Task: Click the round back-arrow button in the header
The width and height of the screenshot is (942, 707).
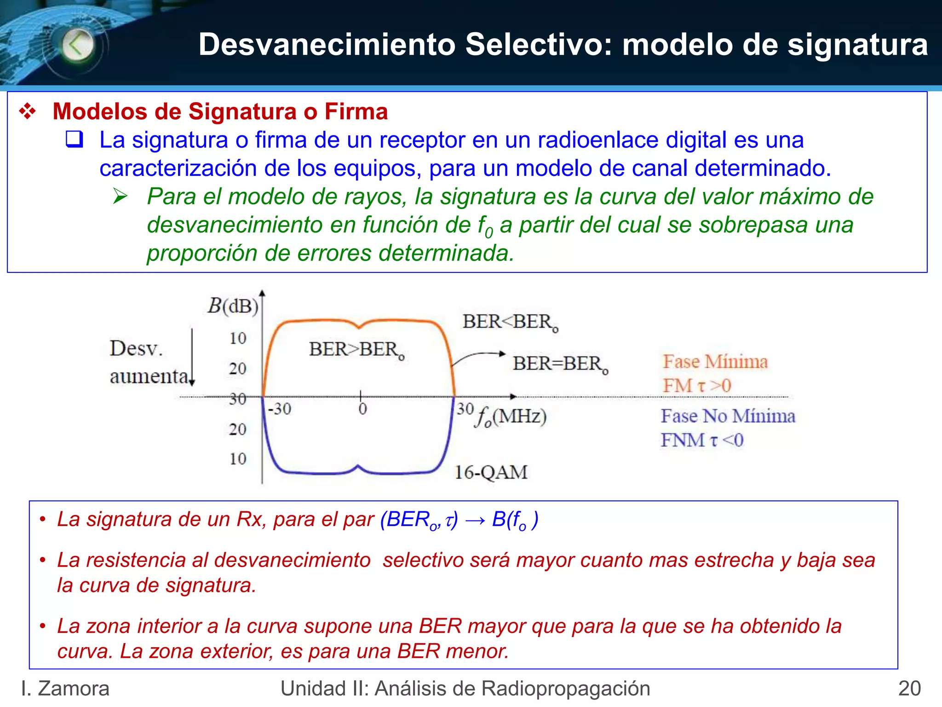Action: pyautogui.click(x=77, y=45)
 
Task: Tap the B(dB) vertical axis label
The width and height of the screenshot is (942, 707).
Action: pyautogui.click(x=233, y=306)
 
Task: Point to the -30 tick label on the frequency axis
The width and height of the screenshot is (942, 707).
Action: pyautogui.click(x=280, y=409)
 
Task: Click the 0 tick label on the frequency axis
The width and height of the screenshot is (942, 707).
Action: pyautogui.click(x=362, y=409)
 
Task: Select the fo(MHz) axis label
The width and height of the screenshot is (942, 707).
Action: pyautogui.click(x=511, y=417)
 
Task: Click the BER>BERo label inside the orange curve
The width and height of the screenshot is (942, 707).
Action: pyautogui.click(x=356, y=350)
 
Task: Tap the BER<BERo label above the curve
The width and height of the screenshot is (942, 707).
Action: pyautogui.click(x=510, y=322)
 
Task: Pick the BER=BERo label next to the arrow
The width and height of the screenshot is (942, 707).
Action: pyautogui.click(x=560, y=364)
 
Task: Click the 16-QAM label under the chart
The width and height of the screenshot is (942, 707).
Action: pyautogui.click(x=491, y=472)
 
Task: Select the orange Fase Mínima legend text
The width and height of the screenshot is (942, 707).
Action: pyautogui.click(x=715, y=362)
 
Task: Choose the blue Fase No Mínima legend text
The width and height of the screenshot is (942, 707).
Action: pyautogui.click(x=728, y=416)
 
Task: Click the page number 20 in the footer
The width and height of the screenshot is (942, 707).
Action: pyautogui.click(x=909, y=689)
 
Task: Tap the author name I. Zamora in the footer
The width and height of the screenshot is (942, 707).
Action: pyautogui.click(x=65, y=689)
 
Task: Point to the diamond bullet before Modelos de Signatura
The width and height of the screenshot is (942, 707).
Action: pyautogui.click(x=28, y=112)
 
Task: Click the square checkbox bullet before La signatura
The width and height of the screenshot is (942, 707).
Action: pyautogui.click(x=75, y=139)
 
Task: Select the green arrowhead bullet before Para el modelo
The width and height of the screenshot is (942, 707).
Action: pyautogui.click(x=121, y=197)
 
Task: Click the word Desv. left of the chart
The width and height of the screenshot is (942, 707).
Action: pyautogui.click(x=136, y=348)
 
